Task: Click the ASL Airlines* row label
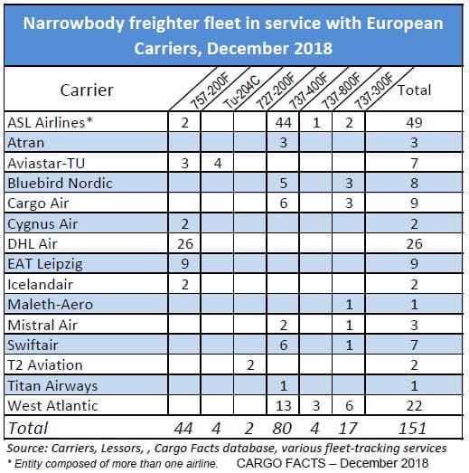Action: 50,123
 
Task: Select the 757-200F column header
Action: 210,91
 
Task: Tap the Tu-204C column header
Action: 241,91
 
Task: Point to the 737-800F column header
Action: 342,91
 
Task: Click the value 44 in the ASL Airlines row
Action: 283,123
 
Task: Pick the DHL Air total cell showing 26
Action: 414,244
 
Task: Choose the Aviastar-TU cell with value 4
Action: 218,163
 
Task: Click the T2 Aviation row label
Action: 45,365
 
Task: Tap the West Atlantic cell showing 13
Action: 283,406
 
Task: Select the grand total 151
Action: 412,429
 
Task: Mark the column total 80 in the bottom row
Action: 282,429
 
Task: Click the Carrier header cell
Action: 87,90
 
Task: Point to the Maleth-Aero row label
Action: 50,305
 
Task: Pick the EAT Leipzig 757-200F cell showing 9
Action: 184,264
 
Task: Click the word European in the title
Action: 405,24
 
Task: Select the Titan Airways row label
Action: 52,386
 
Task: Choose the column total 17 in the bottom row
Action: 348,429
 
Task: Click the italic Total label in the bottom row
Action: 27,429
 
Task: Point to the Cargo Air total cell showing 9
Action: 414,203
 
